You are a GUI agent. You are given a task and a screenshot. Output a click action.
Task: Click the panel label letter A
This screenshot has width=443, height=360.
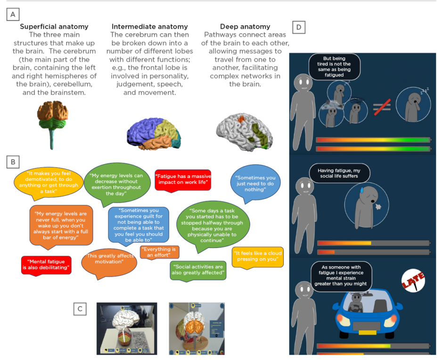point(13,15)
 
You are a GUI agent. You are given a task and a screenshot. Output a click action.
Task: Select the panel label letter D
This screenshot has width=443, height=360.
point(299,28)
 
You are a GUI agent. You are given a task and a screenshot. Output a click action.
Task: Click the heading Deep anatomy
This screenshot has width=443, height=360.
point(245,26)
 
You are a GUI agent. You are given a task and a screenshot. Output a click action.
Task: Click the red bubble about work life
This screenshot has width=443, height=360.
point(183,179)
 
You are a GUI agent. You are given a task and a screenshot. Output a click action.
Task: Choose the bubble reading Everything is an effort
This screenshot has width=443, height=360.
point(159,252)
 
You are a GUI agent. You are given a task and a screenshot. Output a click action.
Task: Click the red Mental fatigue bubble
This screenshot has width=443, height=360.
point(46,264)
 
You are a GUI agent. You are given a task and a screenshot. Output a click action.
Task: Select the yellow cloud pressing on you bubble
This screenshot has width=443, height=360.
point(257,256)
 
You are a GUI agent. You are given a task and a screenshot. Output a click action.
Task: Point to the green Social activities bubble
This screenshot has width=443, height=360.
point(198,270)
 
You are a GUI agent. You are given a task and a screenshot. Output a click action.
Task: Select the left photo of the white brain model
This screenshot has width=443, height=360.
point(127,328)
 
